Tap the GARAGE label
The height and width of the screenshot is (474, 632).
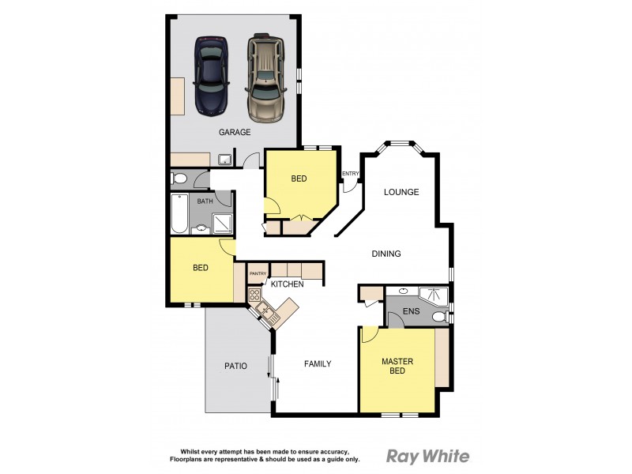(x=235, y=133)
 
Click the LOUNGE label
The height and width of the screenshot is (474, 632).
(x=401, y=192)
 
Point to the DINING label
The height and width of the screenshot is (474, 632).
(x=386, y=254)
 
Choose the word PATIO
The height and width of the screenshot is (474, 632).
(x=235, y=366)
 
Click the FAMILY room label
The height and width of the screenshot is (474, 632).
(x=318, y=364)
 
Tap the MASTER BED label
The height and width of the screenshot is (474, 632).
(x=397, y=367)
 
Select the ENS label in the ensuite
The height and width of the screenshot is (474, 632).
(x=411, y=312)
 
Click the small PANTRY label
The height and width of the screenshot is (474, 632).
(x=258, y=274)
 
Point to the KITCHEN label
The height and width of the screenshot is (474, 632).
(x=288, y=284)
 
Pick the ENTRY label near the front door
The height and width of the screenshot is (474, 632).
(x=350, y=174)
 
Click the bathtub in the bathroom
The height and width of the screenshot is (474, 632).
(x=179, y=213)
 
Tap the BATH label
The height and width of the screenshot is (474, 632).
(x=205, y=201)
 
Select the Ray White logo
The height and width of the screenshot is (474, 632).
(x=427, y=456)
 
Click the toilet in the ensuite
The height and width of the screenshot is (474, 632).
(x=439, y=318)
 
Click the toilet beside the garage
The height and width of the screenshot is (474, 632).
(x=179, y=179)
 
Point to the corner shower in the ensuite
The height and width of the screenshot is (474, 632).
(x=434, y=296)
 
